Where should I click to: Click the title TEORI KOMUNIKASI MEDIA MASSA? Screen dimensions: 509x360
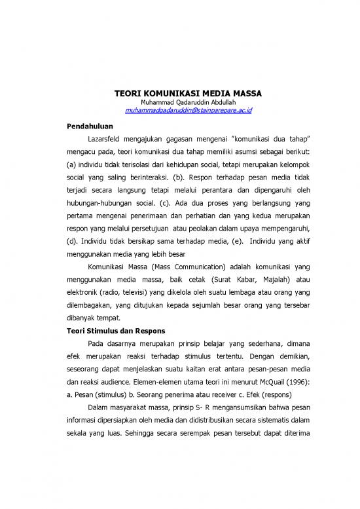click(180, 92)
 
